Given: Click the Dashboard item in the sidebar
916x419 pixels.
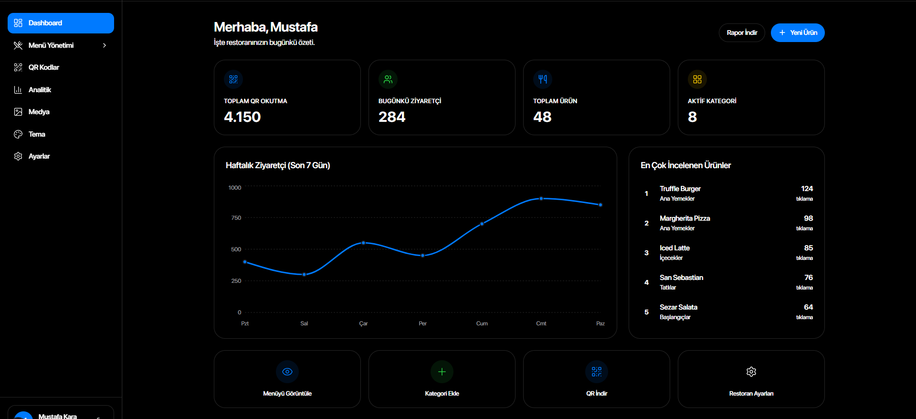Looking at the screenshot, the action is tap(61, 23).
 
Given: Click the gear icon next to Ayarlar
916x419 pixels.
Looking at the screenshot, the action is tap(18, 156).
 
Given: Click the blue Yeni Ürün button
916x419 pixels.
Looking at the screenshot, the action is tap(798, 32).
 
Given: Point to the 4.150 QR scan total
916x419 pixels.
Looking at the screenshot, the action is tap(242, 117).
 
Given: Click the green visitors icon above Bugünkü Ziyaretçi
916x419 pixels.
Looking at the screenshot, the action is tap(388, 79).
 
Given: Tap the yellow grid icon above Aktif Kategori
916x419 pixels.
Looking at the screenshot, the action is tap(697, 79).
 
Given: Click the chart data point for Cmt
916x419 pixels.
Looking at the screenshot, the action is tap(541, 198).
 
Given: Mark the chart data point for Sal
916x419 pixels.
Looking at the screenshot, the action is tap(304, 274).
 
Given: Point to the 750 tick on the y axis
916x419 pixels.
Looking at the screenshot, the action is tap(236, 218).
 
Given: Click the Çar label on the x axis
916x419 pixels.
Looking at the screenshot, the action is tap(363, 323).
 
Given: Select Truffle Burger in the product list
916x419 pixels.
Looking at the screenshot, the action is tap(680, 189).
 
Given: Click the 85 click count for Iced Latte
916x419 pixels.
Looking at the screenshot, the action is tap(808, 248).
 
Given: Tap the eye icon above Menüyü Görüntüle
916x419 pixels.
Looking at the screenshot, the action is tap(287, 372).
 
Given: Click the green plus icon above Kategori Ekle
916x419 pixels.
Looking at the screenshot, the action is tap(442, 372).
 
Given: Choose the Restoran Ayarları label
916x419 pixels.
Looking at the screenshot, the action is tap(751, 394).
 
